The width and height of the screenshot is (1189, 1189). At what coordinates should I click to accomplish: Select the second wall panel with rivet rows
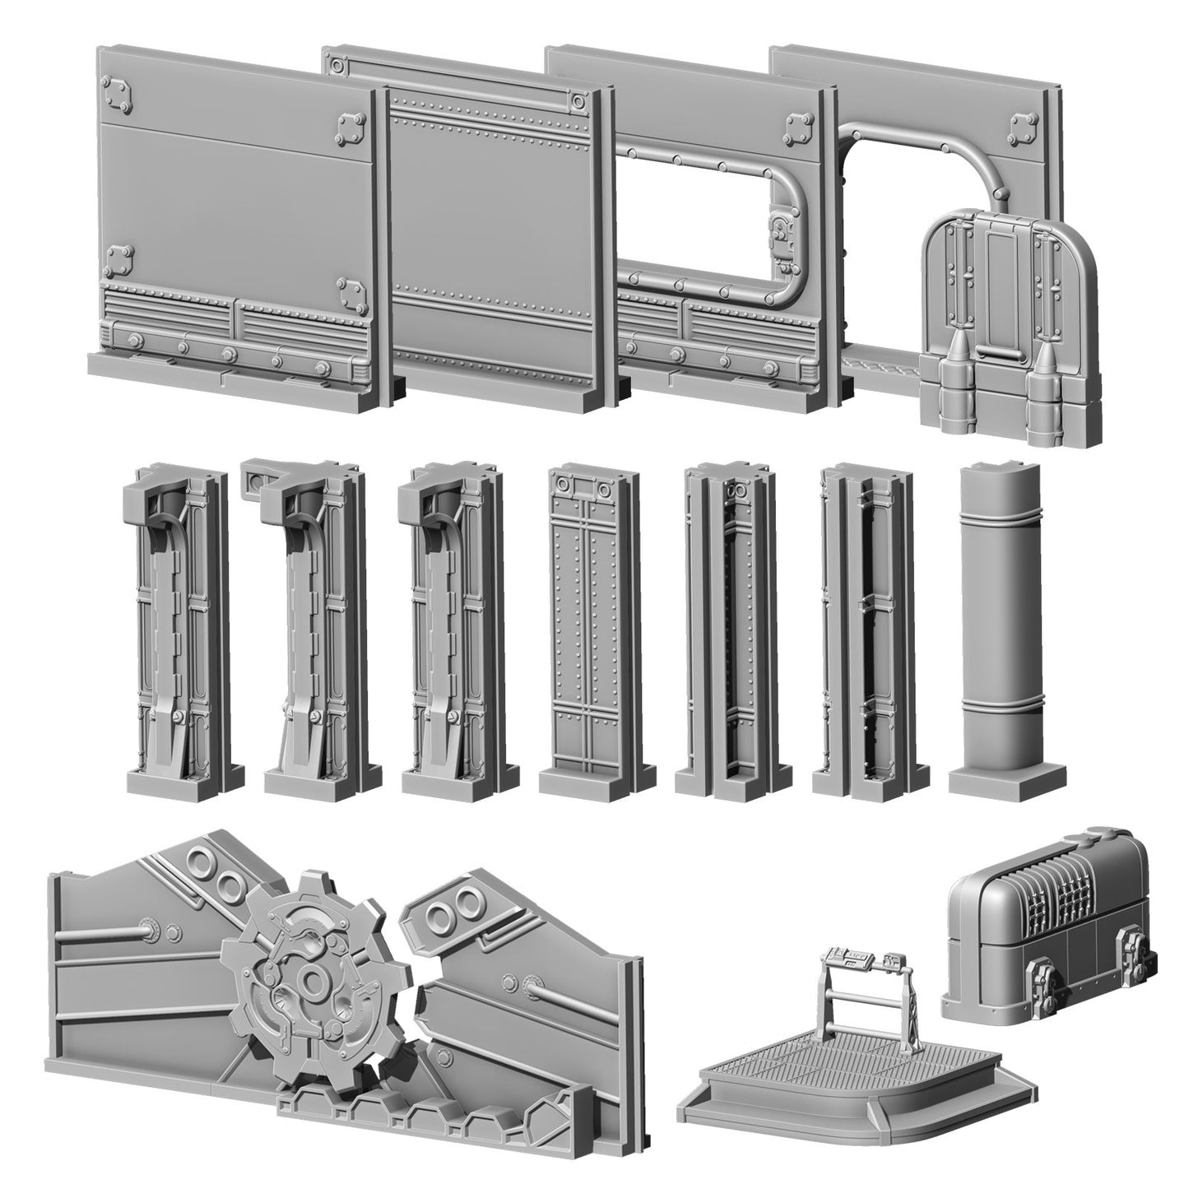[x=494, y=230]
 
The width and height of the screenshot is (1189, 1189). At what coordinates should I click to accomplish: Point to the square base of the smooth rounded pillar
[x=1006, y=778]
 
